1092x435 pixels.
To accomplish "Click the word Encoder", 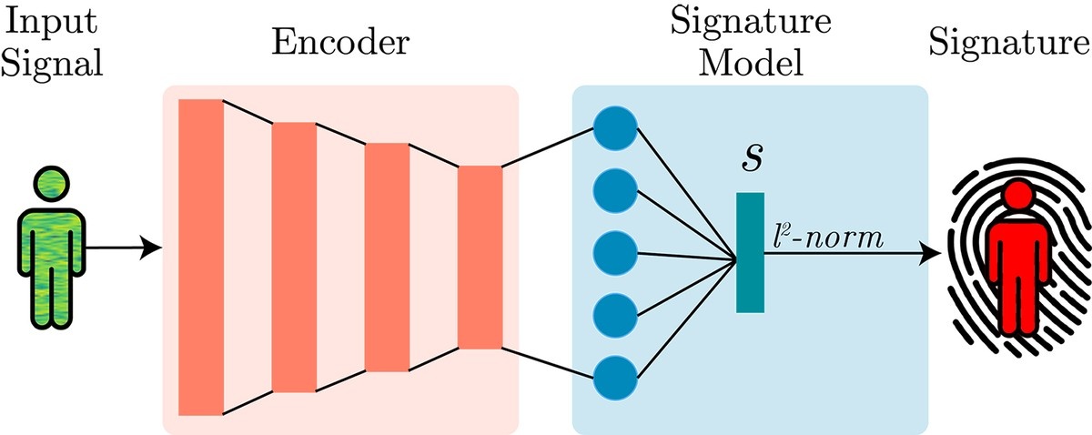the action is (340, 43).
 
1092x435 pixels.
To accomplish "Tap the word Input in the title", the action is (51, 23).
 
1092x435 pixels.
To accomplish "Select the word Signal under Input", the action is (52, 64).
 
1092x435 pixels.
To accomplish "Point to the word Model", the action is (751, 63).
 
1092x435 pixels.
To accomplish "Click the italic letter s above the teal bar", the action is (752, 159).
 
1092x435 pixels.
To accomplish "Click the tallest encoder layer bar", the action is (201, 257).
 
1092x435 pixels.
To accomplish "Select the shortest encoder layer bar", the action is (480, 257).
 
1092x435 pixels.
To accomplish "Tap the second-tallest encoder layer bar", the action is (294, 257).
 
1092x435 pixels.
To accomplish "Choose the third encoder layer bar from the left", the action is (387, 257).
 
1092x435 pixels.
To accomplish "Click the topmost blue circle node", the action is (615, 128).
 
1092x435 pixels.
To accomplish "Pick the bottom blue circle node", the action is (615, 378).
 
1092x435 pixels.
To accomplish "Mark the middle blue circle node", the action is (615, 253).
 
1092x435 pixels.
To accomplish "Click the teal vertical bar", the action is (750, 252).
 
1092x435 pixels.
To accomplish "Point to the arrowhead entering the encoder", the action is (151, 248).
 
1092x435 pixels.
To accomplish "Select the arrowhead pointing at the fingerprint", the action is (930, 254).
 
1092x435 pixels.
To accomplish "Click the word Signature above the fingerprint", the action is (1009, 44).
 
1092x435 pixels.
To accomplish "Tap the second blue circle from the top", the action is (615, 191).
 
